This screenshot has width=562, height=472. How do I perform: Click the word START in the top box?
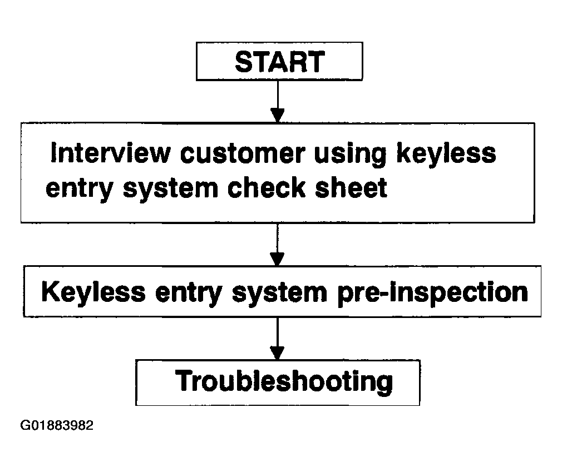[280, 62]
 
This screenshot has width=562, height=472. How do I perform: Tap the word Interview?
[110, 153]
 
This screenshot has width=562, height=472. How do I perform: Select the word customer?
[243, 153]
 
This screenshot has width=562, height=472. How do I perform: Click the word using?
[350, 155]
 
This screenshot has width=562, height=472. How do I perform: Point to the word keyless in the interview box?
[446, 153]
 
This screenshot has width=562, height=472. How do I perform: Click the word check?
[267, 188]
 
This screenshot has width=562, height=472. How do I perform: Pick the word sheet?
[351, 188]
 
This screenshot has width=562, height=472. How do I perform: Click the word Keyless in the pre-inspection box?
[93, 291]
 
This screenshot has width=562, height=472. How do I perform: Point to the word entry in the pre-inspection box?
[189, 294]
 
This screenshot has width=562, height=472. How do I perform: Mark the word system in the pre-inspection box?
[279, 294]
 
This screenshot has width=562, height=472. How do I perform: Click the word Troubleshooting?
[284, 382]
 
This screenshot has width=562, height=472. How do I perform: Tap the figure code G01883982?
[57, 425]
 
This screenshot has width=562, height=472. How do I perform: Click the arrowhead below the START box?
[278, 115]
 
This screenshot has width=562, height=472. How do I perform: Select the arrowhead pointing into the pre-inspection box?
[277, 259]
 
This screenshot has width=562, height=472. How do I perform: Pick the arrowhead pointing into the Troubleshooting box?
[277, 352]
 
